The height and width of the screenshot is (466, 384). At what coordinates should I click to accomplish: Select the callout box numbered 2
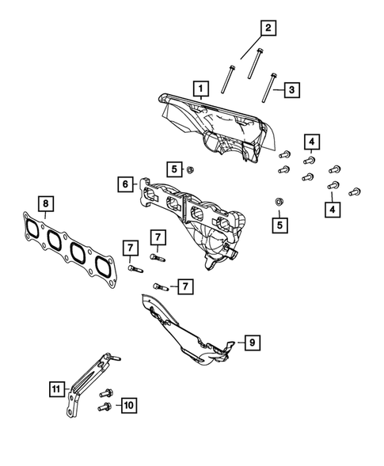click(268, 29)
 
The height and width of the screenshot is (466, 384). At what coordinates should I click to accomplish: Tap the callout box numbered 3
click(291, 91)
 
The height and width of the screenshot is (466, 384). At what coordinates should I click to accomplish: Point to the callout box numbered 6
click(125, 184)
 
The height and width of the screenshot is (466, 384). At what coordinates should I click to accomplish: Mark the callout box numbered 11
click(55, 389)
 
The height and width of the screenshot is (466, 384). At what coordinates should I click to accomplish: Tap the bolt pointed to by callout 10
click(103, 406)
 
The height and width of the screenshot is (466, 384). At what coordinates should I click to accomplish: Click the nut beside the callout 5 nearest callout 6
click(191, 169)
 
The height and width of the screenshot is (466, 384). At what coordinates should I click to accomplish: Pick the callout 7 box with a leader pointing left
click(183, 285)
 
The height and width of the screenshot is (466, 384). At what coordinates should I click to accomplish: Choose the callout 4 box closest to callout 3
click(313, 142)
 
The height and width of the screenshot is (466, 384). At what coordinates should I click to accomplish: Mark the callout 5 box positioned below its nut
click(279, 225)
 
